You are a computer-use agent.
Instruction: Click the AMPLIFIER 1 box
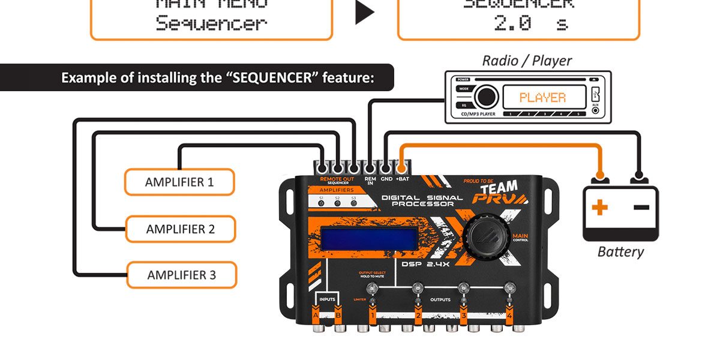click(179, 182)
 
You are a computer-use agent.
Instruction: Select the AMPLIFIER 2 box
click(180, 229)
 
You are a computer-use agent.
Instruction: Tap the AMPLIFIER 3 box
click(181, 275)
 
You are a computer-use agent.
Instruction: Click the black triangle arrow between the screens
click(364, 14)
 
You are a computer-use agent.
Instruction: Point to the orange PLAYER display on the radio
click(542, 97)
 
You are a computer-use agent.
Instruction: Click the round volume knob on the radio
click(485, 97)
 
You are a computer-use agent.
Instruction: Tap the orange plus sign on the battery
click(599, 208)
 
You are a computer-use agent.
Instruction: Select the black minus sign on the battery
click(641, 207)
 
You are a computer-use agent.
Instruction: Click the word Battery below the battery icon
click(620, 251)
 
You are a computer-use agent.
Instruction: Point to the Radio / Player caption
click(527, 61)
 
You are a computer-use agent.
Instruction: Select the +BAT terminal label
click(402, 179)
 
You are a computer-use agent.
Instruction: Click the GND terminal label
click(386, 179)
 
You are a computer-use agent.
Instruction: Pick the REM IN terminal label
click(370, 181)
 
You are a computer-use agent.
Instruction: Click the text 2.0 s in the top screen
click(530, 24)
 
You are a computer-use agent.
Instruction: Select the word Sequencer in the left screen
click(211, 24)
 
